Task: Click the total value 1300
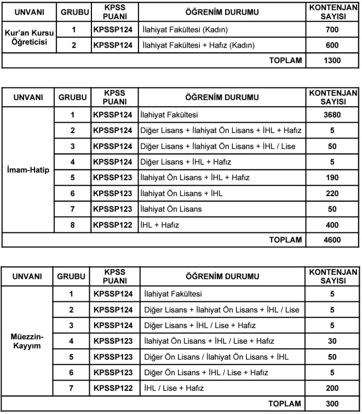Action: (x=332, y=61)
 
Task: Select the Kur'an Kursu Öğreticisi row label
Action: (x=29, y=38)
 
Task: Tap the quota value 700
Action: (x=332, y=30)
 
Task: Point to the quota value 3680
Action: (x=332, y=115)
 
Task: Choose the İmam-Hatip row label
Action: (x=29, y=170)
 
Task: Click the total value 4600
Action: (x=332, y=240)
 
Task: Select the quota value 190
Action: (x=332, y=178)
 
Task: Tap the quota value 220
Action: (x=332, y=194)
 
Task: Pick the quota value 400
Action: (x=332, y=225)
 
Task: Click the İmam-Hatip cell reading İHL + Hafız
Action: (x=160, y=225)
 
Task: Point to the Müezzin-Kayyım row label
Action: (x=29, y=341)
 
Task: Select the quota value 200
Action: (x=332, y=388)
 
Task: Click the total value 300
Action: (x=332, y=404)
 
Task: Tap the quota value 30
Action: (x=332, y=341)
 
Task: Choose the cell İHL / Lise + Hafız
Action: (x=174, y=388)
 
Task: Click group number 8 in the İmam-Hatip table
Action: (x=73, y=225)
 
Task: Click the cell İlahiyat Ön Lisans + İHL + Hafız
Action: (x=195, y=178)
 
